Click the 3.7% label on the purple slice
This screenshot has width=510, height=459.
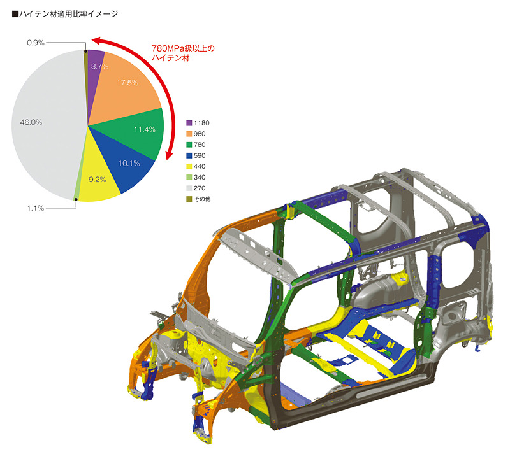(x=99, y=67)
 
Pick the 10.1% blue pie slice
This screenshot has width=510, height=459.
(x=127, y=159)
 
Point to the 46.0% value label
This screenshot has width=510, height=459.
(x=31, y=122)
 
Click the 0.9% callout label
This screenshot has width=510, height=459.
(x=36, y=43)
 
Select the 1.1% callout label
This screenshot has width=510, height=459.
(x=36, y=208)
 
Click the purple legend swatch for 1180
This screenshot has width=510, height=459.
(x=189, y=123)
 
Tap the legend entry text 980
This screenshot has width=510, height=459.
(x=200, y=134)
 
